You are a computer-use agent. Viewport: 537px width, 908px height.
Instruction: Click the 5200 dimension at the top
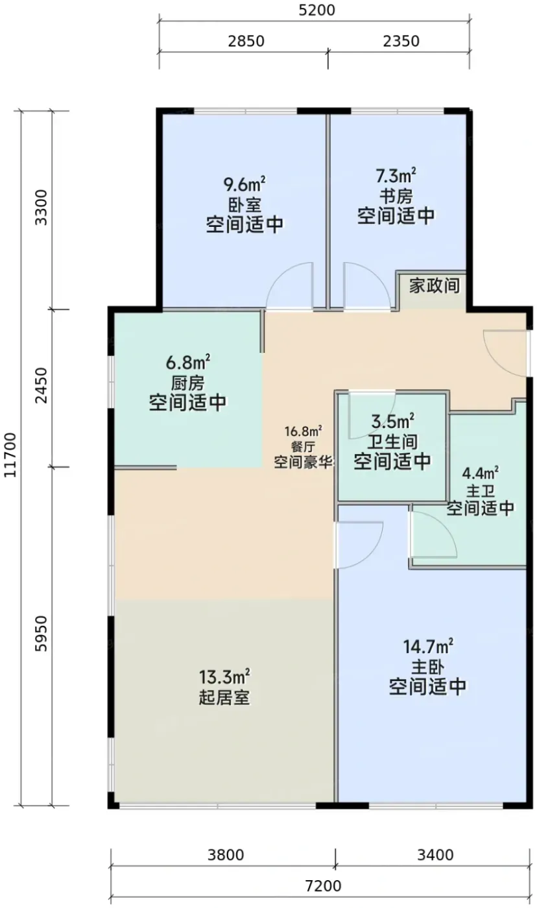point(317,10)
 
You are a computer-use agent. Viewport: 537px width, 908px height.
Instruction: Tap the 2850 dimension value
point(246,42)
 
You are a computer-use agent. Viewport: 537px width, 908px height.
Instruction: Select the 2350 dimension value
point(401,42)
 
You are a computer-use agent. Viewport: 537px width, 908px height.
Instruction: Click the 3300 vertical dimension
point(42,208)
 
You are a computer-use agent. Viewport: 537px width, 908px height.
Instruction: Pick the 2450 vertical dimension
point(42,386)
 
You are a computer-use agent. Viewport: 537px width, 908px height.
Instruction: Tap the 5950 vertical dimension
point(42,634)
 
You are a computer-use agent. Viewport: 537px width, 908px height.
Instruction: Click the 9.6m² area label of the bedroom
point(245,184)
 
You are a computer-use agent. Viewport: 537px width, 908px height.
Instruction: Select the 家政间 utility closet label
point(434,285)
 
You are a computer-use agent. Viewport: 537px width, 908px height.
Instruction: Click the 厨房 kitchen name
point(187,383)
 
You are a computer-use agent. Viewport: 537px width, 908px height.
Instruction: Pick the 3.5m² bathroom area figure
point(393,422)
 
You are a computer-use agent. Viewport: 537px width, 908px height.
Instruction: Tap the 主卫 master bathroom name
point(481,492)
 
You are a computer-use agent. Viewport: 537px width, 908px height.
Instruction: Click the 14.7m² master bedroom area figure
point(427,647)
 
